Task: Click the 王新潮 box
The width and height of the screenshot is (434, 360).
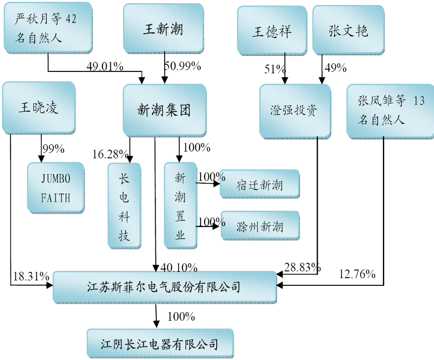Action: [163, 29]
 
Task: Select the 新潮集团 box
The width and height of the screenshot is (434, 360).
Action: [164, 110]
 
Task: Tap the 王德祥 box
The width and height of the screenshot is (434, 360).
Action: [272, 31]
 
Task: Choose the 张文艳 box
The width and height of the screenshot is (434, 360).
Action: [348, 30]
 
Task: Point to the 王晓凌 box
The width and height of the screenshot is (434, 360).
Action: [38, 108]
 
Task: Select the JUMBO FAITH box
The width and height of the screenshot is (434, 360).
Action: [56, 188]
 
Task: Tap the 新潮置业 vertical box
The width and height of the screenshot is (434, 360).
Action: [180, 205]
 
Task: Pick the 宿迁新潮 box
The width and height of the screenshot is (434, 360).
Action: [259, 185]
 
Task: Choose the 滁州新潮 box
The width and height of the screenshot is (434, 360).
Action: [259, 226]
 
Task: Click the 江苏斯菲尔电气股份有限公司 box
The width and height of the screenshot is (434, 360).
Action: [164, 287]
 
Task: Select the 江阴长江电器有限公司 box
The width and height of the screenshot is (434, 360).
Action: [160, 344]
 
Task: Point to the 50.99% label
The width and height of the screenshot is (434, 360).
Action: [182, 66]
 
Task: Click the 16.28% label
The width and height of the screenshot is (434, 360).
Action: [108, 155]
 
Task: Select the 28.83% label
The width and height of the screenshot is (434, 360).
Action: [302, 267]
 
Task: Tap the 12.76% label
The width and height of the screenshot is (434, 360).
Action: [357, 274]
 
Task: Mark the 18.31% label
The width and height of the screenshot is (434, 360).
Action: [31, 275]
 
